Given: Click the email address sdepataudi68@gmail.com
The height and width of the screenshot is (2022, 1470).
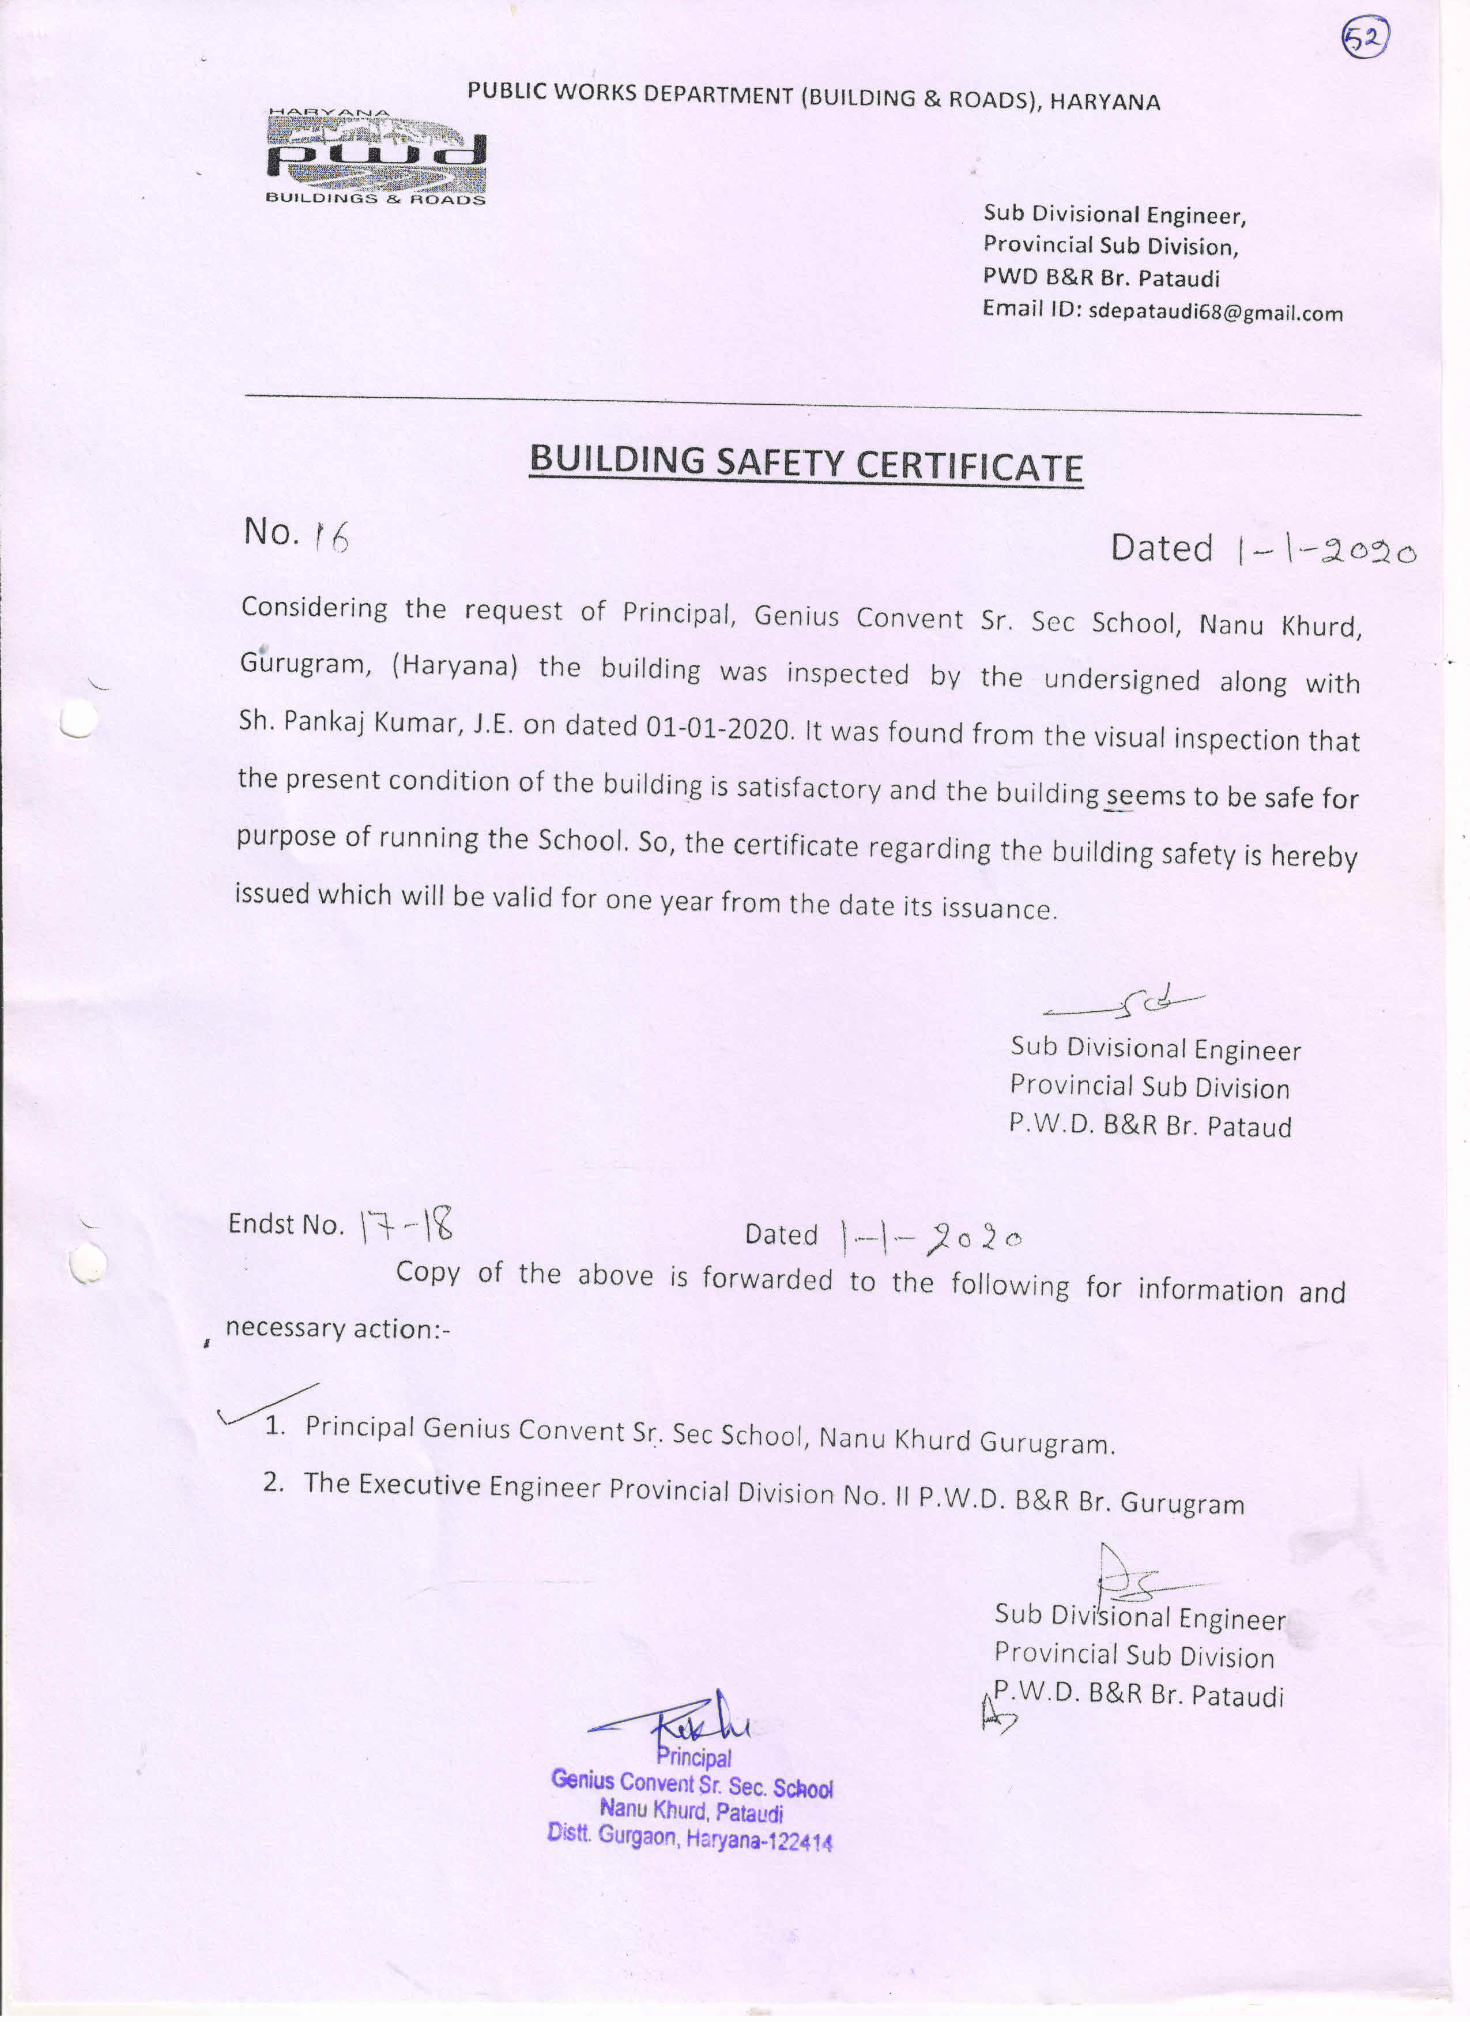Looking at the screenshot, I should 1215,313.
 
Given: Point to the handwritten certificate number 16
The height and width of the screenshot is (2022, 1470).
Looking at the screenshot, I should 329,537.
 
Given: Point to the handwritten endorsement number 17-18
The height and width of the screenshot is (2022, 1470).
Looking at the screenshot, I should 406,1227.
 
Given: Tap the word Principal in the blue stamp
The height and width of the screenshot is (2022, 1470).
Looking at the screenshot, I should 693,1757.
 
